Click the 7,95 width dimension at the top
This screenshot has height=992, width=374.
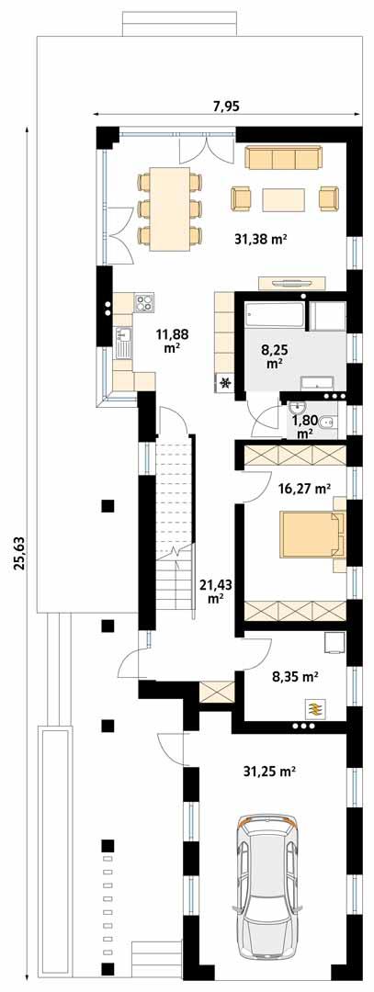(x=225, y=107)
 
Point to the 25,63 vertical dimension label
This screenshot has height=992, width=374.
(x=19, y=553)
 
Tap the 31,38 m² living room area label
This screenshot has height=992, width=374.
(x=261, y=239)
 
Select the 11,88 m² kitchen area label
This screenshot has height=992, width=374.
(x=172, y=340)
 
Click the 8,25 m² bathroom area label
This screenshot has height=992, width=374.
(x=274, y=356)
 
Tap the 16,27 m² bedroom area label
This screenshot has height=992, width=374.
(x=302, y=489)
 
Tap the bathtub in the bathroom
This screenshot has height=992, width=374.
(x=275, y=316)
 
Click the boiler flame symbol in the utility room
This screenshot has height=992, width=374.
(x=315, y=707)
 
